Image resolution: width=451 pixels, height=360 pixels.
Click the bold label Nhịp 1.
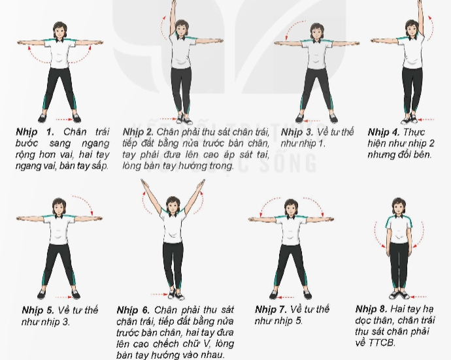point(35,132)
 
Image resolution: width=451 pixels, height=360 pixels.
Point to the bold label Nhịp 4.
point(384,132)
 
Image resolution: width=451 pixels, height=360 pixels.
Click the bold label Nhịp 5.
point(38,310)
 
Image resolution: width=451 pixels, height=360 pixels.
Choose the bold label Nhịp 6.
point(133,310)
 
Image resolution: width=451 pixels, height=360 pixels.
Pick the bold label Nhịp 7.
point(271,310)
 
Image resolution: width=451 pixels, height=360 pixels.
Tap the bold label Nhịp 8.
point(371,309)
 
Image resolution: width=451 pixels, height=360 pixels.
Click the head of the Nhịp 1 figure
point(59,30)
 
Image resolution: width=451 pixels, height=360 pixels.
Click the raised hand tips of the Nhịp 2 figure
point(173,3)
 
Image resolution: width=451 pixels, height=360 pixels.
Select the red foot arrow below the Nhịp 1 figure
point(64,120)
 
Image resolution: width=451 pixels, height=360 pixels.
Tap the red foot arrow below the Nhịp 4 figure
point(426,120)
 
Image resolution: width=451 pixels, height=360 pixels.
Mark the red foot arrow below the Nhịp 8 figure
point(418,297)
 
